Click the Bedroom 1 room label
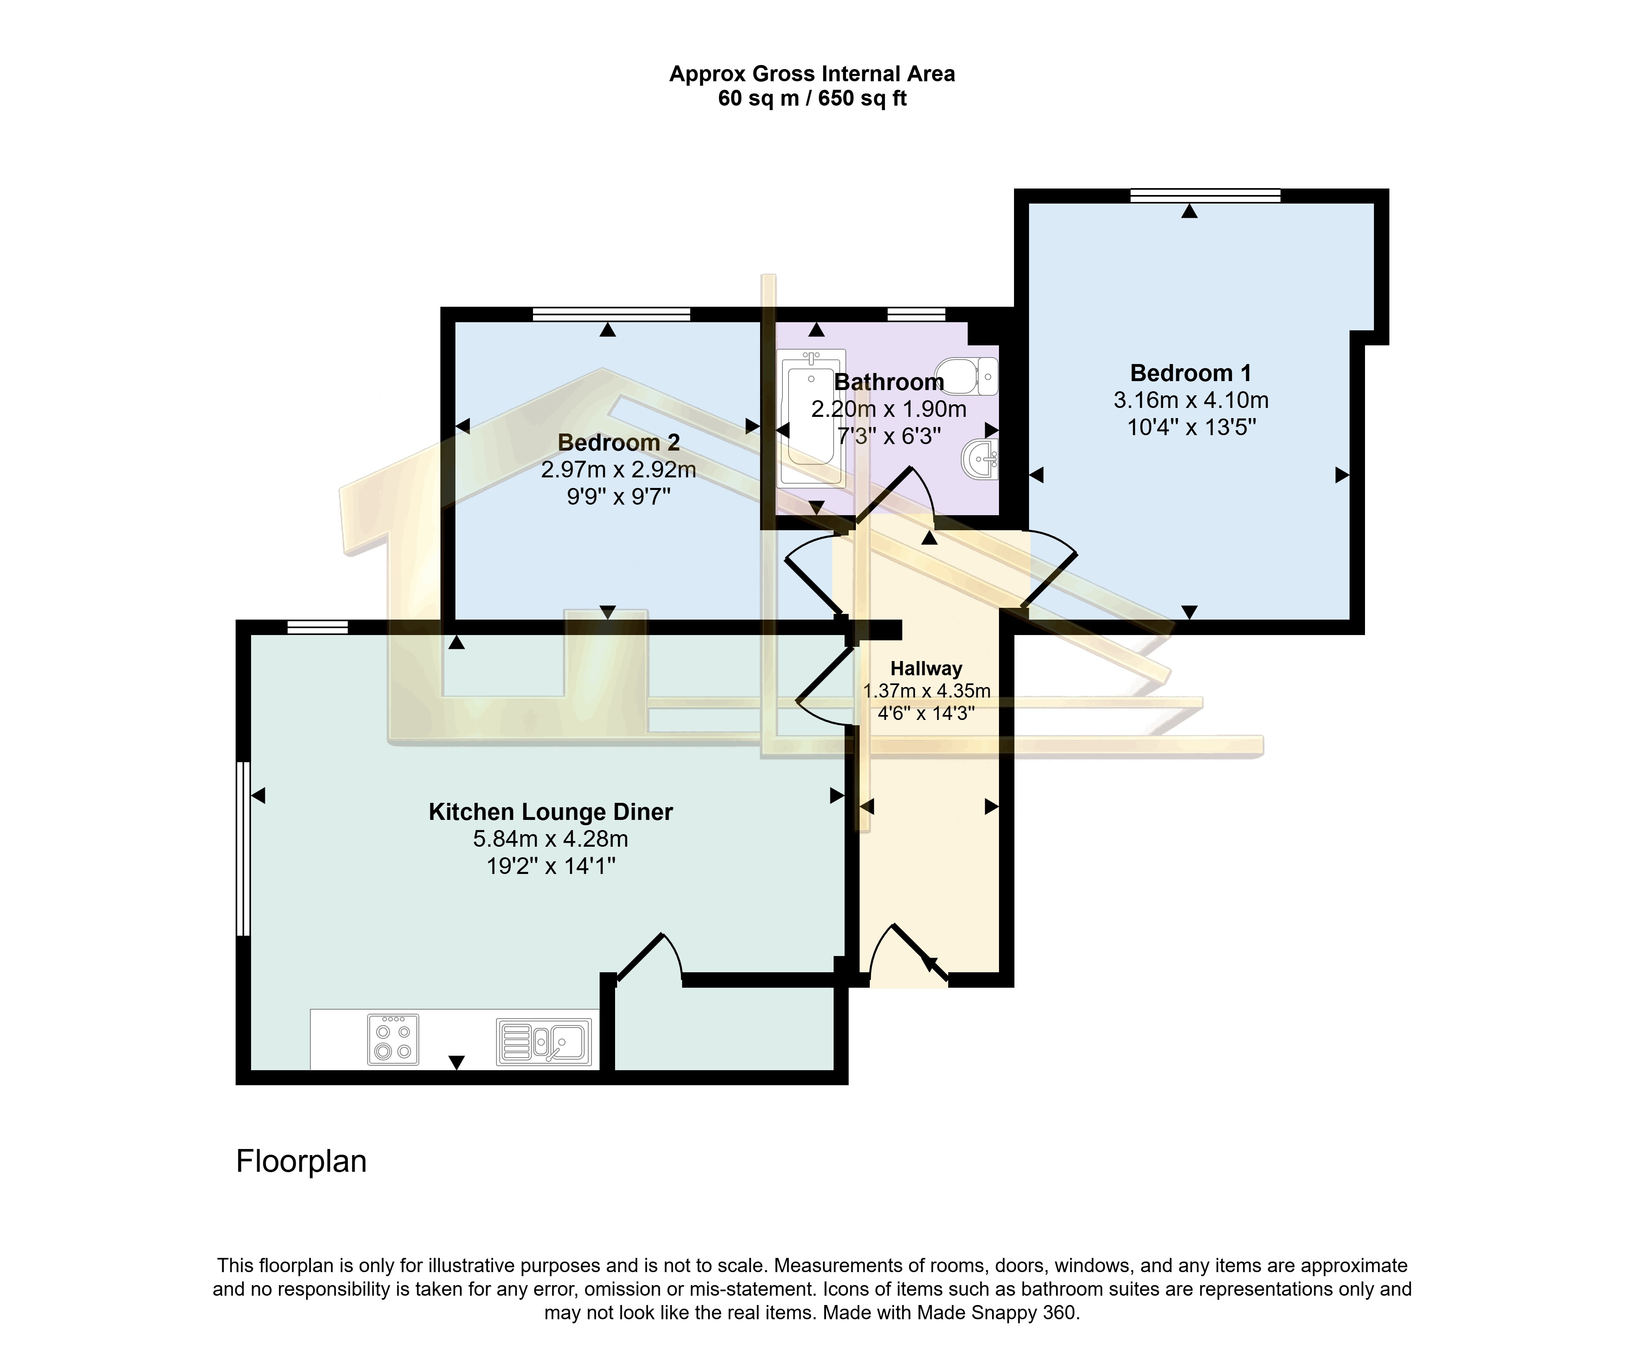pos(1190,373)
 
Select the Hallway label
pos(926,669)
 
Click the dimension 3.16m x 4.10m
pos(1190,400)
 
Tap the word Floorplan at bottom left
pos(301,1162)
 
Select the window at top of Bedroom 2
pos(611,314)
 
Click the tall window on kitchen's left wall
pos(243,849)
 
